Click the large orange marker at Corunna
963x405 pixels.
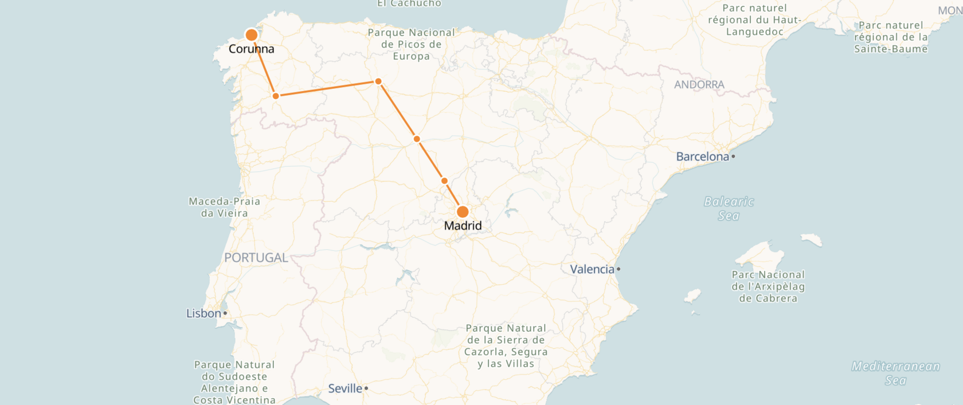tap(251, 35)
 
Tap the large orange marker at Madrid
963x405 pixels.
tap(463, 212)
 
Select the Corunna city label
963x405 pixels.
tap(251, 49)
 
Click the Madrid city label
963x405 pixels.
tap(463, 226)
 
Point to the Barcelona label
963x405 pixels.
tap(702, 156)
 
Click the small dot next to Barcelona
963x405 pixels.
tap(733, 156)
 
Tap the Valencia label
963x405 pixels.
tap(592, 269)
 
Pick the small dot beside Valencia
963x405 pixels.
tap(618, 269)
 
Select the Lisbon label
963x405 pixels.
tap(203, 313)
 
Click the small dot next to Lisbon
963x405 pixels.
tap(225, 313)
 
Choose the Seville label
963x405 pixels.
tap(345, 388)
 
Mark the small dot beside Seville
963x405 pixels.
tap(366, 388)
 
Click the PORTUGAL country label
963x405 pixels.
tap(256, 258)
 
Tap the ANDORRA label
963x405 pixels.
tap(699, 85)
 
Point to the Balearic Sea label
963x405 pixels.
tap(729, 209)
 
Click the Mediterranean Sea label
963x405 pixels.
tap(895, 373)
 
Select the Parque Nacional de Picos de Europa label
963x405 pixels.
tap(411, 44)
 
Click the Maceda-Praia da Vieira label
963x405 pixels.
tap(225, 207)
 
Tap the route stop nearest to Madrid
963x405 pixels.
tap(444, 181)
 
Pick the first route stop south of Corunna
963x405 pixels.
tap(276, 96)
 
